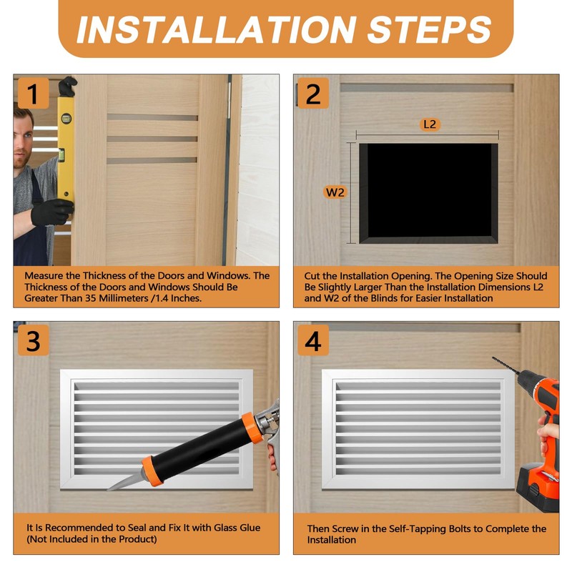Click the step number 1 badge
click(33, 93)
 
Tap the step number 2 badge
click(313, 93)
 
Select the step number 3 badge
click(33, 340)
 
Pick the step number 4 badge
click(313, 340)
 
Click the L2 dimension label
click(430, 124)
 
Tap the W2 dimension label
click(335, 192)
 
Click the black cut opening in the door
click(428, 193)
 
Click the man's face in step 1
click(24, 142)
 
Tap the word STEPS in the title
click(429, 29)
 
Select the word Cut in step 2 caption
click(312, 276)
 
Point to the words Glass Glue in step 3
click(237, 528)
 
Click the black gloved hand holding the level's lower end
click(52, 212)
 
